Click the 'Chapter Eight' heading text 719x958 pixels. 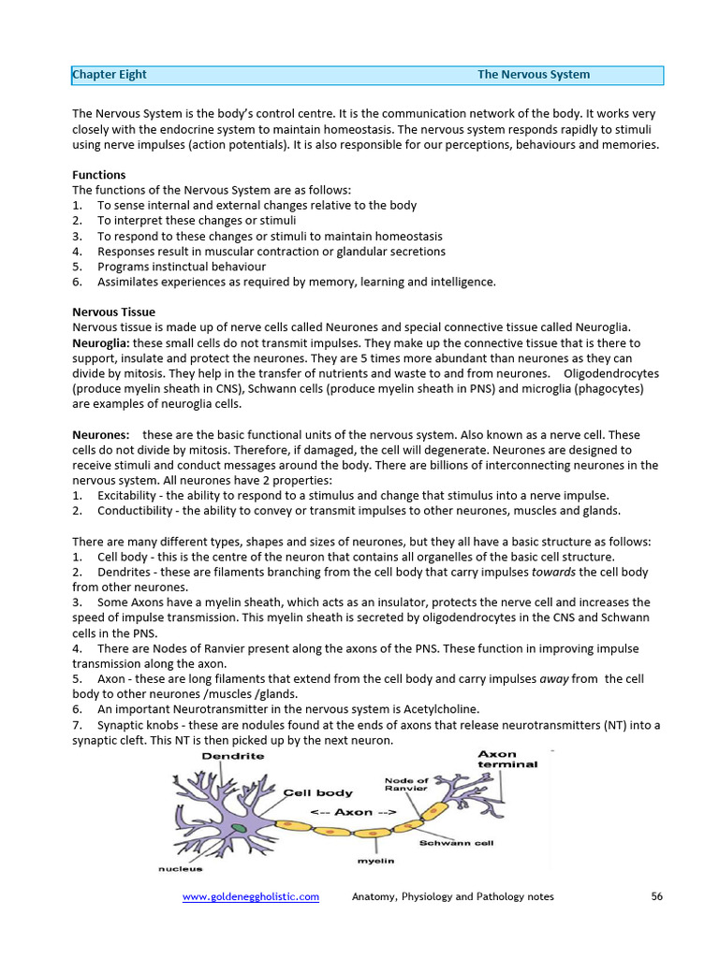click(x=110, y=75)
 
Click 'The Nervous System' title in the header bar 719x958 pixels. click(x=534, y=75)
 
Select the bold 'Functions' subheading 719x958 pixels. click(x=99, y=175)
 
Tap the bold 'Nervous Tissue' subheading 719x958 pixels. click(x=114, y=312)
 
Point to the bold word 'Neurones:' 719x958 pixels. click(x=101, y=435)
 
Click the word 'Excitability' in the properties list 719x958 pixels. click(x=129, y=496)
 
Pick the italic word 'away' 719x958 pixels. click(x=555, y=679)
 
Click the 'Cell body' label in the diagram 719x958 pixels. click(x=317, y=792)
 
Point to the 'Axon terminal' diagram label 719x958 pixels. click(x=507, y=759)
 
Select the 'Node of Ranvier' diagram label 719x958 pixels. click(x=406, y=784)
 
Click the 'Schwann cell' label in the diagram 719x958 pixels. click(x=456, y=843)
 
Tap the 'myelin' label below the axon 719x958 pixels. click(x=375, y=860)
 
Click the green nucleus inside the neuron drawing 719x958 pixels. click(x=240, y=828)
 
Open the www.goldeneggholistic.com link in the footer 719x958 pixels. click(x=250, y=896)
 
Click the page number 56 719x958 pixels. click(x=656, y=896)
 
